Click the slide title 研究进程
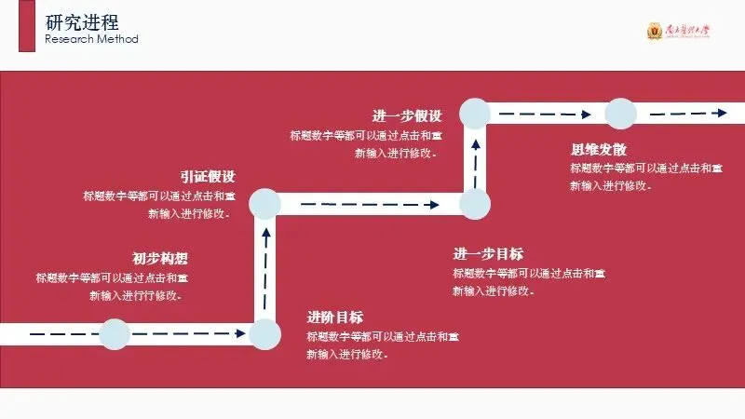(82, 21)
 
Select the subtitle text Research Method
(91, 39)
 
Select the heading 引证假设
(208, 176)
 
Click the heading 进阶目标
(335, 316)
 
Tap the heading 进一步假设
(407, 116)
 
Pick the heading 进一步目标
(488, 254)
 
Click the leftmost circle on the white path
(115, 333)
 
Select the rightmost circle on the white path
(620, 114)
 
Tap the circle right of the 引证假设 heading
(265, 203)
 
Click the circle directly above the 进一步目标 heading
(476, 203)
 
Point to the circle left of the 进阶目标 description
(265, 333)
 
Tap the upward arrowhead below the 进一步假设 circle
(476, 141)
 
